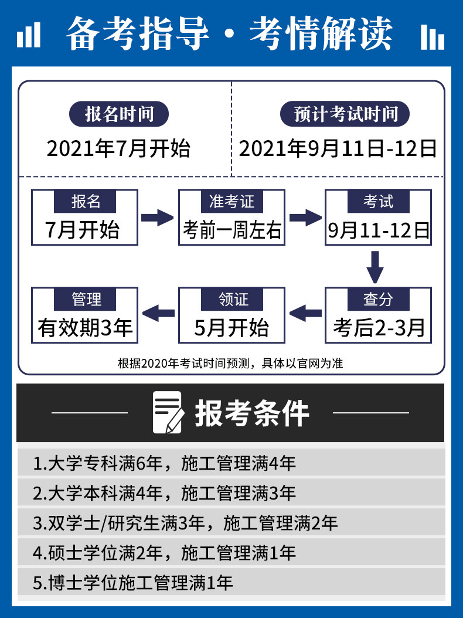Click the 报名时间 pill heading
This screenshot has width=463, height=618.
119,114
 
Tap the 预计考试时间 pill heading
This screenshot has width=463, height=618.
345,114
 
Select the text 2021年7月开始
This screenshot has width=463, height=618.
118,148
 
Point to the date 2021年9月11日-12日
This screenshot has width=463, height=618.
338,148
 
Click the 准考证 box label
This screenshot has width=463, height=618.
231,201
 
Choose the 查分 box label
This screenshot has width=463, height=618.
378,299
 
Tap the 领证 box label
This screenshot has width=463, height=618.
231,299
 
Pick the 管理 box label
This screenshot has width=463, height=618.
85,299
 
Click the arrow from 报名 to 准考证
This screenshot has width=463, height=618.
157,218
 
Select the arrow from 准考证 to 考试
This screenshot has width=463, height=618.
305,218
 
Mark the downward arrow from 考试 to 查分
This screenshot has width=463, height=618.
375,267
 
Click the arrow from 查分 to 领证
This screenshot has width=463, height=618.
305,313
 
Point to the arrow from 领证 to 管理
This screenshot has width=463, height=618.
158,313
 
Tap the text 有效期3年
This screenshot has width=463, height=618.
85,328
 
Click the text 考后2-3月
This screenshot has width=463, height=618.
379,328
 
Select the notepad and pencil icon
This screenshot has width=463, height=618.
169,412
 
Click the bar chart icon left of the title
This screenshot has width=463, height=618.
29,35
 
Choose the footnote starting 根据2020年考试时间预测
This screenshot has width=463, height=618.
230,363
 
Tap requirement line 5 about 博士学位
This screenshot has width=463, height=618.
133,583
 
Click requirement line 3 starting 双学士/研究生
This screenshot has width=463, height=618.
185,523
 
